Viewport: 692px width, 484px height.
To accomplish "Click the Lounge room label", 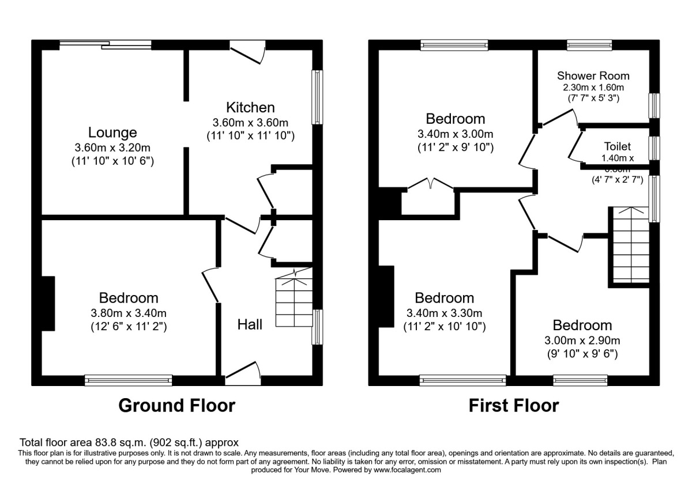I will (x=112, y=133).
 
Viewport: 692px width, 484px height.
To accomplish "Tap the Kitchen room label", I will (x=250, y=107).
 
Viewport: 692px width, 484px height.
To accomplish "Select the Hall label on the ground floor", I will (x=250, y=324).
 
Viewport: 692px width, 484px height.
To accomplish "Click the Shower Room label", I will (x=593, y=75).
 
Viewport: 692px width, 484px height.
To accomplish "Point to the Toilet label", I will (x=618, y=146).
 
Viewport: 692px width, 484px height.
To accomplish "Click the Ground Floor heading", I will (x=176, y=406).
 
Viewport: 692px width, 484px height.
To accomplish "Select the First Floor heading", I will (x=513, y=406).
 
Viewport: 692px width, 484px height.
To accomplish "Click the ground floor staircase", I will (x=294, y=301).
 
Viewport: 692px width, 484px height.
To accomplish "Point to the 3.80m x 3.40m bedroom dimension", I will (x=129, y=313).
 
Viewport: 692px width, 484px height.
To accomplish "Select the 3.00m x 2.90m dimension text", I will (x=582, y=341).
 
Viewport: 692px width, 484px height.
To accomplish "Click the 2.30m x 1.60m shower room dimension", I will (x=593, y=88).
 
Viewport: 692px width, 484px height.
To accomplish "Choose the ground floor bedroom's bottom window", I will (x=128, y=380).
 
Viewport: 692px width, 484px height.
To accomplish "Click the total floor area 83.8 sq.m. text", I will (x=129, y=443).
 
